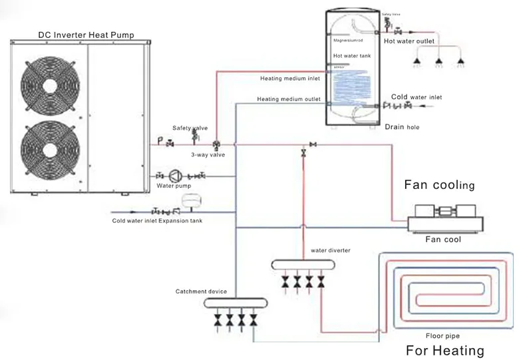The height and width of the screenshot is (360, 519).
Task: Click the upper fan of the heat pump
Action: (x=50, y=86)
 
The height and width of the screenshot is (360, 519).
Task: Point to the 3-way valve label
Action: (x=208, y=154)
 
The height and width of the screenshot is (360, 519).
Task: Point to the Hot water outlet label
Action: (x=409, y=42)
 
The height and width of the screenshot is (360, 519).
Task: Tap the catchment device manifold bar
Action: (x=236, y=303)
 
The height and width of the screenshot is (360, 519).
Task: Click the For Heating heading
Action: (x=444, y=351)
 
